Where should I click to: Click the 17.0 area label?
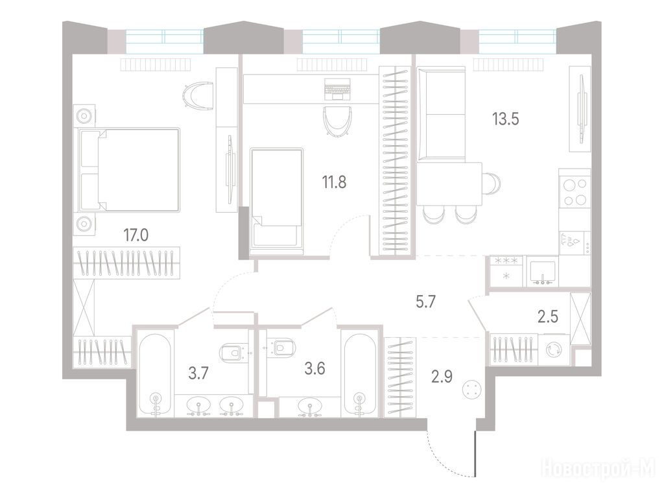click(x=136, y=235)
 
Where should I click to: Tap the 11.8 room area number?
click(x=334, y=182)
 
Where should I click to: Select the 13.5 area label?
click(x=505, y=119)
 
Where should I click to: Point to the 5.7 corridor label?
click(x=425, y=302)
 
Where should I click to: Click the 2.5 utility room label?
click(x=547, y=316)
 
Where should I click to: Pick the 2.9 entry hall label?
click(x=442, y=376)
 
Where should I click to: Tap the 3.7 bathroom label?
click(x=198, y=373)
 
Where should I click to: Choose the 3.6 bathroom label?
click(x=314, y=368)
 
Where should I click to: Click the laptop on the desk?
click(x=337, y=88)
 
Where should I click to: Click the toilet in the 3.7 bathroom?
click(x=233, y=352)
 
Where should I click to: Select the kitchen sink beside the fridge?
click(x=543, y=272)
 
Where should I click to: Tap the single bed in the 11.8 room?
click(x=276, y=201)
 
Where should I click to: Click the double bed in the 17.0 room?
click(x=128, y=169)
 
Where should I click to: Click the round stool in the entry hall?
click(x=472, y=389)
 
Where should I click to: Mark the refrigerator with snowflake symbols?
click(x=506, y=270)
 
